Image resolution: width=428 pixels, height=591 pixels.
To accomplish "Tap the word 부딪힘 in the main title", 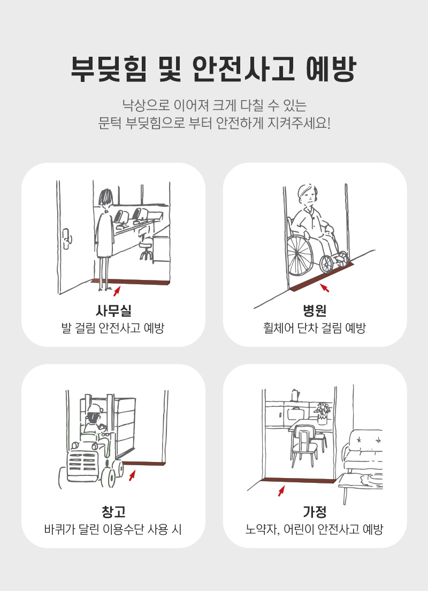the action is tap(109, 69).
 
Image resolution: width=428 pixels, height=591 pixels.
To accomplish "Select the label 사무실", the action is tap(113, 310).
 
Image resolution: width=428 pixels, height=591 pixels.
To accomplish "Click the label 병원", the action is tap(315, 310).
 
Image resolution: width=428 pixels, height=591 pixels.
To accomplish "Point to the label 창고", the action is tap(113, 511).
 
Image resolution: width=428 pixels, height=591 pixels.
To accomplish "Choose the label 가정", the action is tap(315, 511).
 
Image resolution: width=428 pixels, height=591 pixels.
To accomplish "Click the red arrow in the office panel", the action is tap(117, 291).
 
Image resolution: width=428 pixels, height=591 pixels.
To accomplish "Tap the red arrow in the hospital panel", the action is tap(325, 287).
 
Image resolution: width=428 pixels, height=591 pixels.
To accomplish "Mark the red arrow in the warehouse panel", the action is tap(132, 475).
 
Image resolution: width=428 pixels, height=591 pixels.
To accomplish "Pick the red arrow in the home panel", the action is tap(281, 491).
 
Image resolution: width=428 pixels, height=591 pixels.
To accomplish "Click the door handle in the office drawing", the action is tap(67, 239).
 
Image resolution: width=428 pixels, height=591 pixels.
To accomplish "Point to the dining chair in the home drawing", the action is tap(304, 446).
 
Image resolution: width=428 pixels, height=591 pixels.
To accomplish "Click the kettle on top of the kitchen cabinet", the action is tap(295, 395).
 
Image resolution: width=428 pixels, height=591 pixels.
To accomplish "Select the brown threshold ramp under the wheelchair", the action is tap(322, 276).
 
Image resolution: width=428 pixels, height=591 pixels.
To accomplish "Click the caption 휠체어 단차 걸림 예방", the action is tap(315, 328).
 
